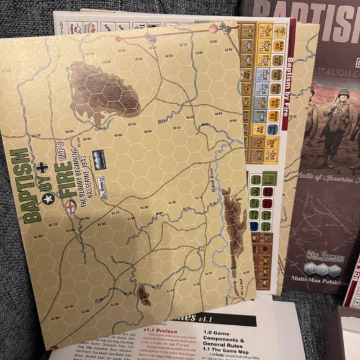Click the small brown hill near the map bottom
click(144, 295)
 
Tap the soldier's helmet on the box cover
click(343, 94)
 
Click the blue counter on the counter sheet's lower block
click(254, 214)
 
